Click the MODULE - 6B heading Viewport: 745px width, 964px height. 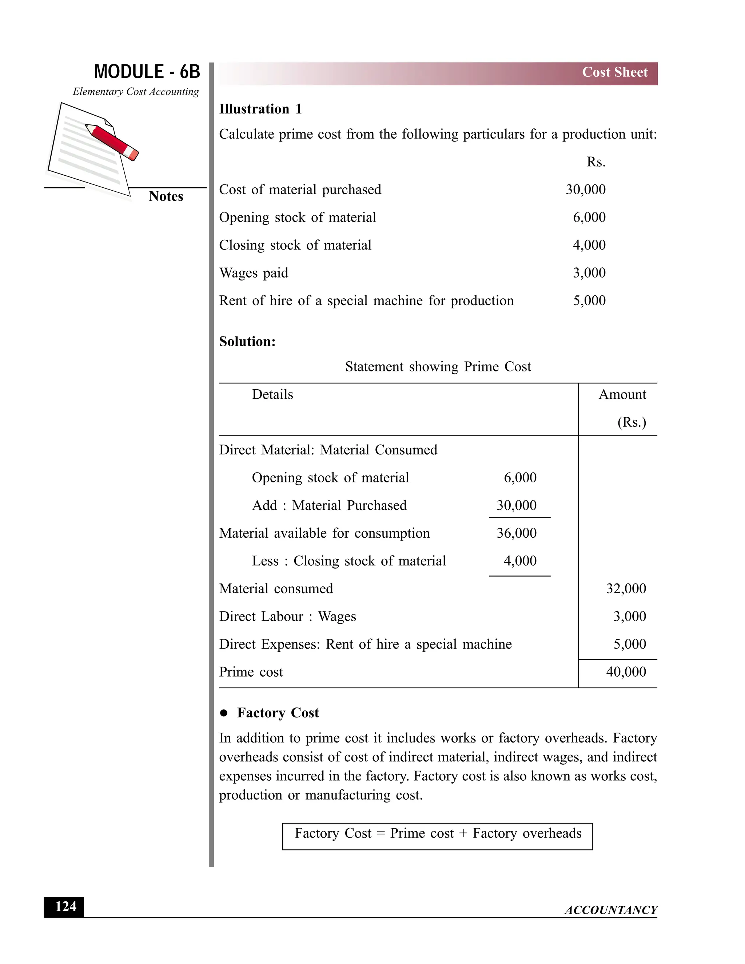(147, 72)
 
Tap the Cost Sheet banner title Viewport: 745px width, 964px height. (614, 72)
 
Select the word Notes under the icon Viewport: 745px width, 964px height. (166, 196)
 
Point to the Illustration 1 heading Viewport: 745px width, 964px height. (260, 109)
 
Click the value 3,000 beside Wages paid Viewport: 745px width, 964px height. (589, 273)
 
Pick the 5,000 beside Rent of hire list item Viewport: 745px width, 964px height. (589, 300)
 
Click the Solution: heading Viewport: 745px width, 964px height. (247, 342)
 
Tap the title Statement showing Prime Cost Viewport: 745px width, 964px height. (438, 367)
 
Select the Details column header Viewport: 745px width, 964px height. (272, 395)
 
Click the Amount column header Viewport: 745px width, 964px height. (622, 395)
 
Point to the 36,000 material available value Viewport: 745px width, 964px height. (517, 533)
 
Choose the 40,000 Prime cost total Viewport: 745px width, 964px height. (625, 672)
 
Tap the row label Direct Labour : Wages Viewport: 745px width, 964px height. (287, 617)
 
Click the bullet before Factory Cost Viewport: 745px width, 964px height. (224, 713)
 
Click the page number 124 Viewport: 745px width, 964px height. (64, 907)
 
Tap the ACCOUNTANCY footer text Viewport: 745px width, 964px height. (610, 910)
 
